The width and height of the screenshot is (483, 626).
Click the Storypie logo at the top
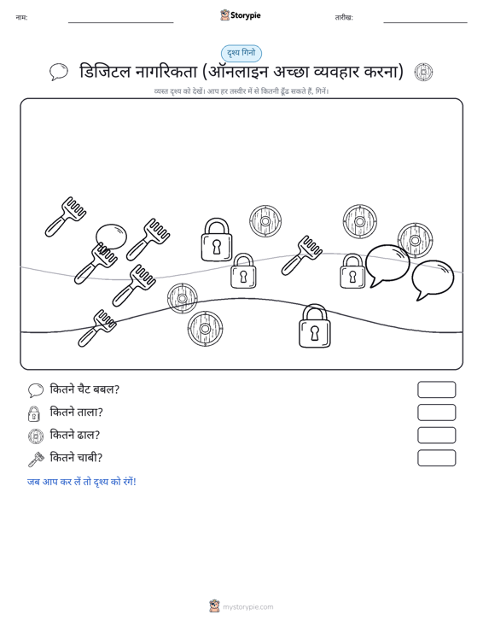pyautogui.click(x=241, y=15)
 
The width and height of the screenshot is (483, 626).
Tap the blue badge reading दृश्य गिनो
pyautogui.click(x=241, y=53)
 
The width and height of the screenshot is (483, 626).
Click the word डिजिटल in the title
pyautogui.click(x=105, y=72)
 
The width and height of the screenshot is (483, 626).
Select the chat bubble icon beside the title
pyautogui.click(x=59, y=72)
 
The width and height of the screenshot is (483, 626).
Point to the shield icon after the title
pyautogui.click(x=423, y=73)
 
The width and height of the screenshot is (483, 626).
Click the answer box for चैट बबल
pyautogui.click(x=436, y=389)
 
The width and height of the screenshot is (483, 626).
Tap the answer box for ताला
pyautogui.click(x=436, y=412)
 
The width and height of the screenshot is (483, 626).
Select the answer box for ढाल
pyautogui.click(x=436, y=436)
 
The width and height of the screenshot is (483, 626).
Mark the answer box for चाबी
pyautogui.click(x=436, y=458)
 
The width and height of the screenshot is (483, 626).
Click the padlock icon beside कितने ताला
pyautogui.click(x=34, y=413)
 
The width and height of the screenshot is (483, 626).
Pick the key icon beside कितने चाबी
pyautogui.click(x=36, y=459)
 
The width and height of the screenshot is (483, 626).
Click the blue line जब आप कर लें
pyautogui.click(x=82, y=482)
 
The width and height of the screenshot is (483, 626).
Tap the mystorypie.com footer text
pyautogui.click(x=247, y=607)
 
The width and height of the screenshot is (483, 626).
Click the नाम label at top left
pyautogui.click(x=21, y=18)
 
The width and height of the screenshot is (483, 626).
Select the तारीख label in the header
pyautogui.click(x=344, y=18)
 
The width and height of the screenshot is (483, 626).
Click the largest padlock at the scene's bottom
pyautogui.click(x=315, y=326)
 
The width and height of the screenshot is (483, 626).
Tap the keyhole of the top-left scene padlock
pyautogui.click(x=216, y=247)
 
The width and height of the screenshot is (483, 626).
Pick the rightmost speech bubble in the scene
pyautogui.click(x=433, y=280)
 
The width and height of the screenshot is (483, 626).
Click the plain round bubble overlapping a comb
pyautogui.click(x=111, y=237)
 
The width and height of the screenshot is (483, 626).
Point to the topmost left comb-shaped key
pyautogui.click(x=66, y=216)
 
